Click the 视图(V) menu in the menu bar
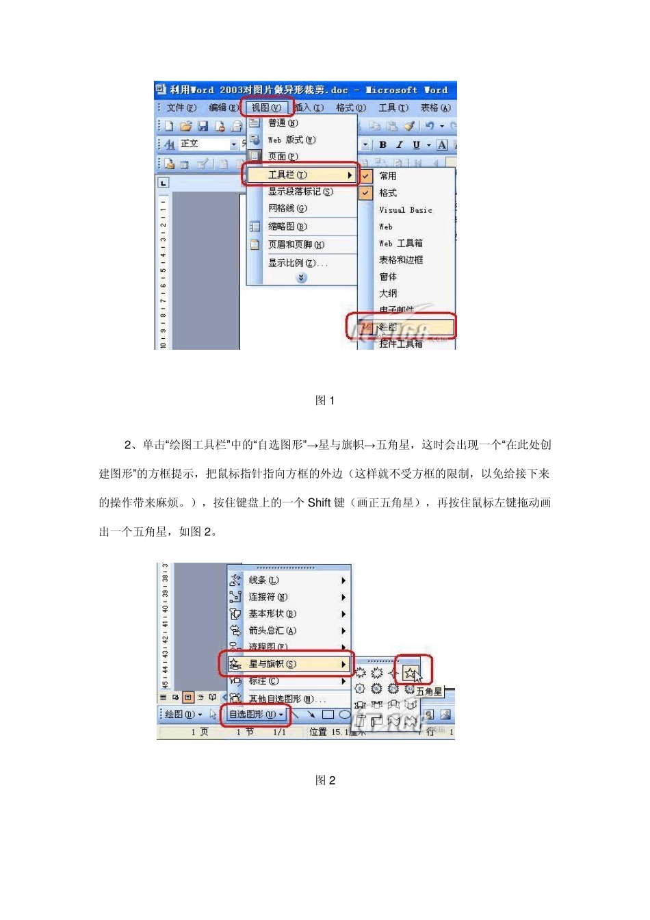pyautogui.click(x=266, y=107)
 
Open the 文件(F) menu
pyautogui.click(x=181, y=107)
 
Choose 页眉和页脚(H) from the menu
pyautogui.click(x=296, y=244)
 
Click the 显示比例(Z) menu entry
pyautogui.click(x=297, y=263)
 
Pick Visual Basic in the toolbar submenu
pyautogui.click(x=405, y=210)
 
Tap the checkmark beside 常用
pyautogui.click(x=366, y=176)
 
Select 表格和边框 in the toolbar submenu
pyautogui.click(x=401, y=260)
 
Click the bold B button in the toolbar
pyautogui.click(x=382, y=145)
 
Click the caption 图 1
pyautogui.click(x=324, y=400)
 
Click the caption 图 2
pyautogui.click(x=324, y=780)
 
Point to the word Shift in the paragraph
pyautogui.click(x=319, y=502)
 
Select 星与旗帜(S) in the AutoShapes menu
pyautogui.click(x=272, y=664)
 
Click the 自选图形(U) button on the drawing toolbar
pyautogui.click(x=256, y=715)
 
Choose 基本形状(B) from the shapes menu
pyautogui.click(x=272, y=614)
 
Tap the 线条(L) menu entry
pyautogui.click(x=263, y=580)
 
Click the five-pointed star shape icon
pyautogui.click(x=410, y=673)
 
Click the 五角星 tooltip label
pyautogui.click(x=429, y=691)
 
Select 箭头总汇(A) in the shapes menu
pyautogui.click(x=272, y=630)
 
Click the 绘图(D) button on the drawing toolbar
pyautogui.click(x=183, y=715)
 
